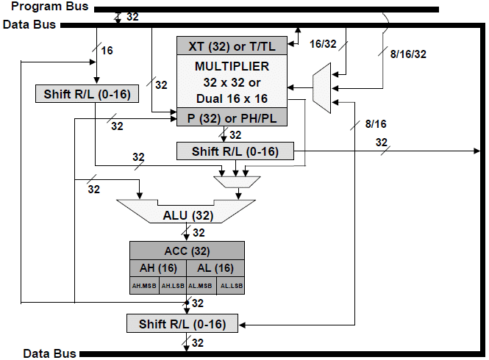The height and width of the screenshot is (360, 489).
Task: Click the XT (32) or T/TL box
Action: tap(232, 45)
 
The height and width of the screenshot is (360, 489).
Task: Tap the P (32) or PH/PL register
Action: tap(232, 117)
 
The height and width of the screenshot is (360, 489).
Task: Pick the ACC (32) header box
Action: tap(188, 250)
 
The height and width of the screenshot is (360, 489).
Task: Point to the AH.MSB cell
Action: tap(144, 286)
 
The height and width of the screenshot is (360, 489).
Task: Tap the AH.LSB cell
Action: tap(173, 286)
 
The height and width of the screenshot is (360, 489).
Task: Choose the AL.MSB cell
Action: tap(201, 286)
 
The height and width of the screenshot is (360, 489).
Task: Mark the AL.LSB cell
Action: tap(230, 286)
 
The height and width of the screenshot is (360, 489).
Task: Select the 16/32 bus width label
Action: tap(321, 44)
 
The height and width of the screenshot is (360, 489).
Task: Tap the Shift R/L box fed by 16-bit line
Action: tap(87, 94)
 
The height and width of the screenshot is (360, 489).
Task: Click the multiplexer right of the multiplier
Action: tap(321, 87)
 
